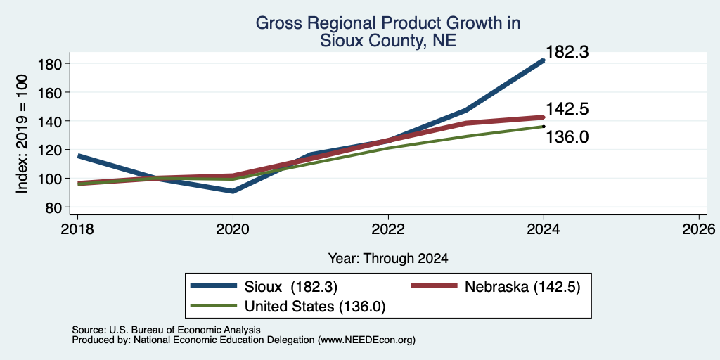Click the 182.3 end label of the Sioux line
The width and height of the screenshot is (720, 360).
coord(567,52)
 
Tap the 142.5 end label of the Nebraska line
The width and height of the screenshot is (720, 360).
coord(567,109)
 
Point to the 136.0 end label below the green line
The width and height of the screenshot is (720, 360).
coord(567,137)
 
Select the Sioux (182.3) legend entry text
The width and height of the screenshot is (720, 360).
coord(290,287)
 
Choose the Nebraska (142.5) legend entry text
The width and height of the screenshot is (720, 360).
coord(522,287)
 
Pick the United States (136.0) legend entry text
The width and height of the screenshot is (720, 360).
coord(314,307)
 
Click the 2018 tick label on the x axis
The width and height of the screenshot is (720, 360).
coord(77,229)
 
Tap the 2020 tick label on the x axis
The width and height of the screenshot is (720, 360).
coord(233,229)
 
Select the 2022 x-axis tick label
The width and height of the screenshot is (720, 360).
coord(388,229)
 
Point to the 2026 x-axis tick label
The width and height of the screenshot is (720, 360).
coord(700,229)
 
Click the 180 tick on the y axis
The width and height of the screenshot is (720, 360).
coord(51,63)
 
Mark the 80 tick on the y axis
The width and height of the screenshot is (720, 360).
coord(54,207)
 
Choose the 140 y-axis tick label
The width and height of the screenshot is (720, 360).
coord(51,121)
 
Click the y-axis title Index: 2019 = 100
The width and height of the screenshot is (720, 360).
coord(22,134)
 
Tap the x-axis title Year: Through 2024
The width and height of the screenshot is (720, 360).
coord(388,259)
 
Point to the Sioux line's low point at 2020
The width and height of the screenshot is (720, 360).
coord(233,191)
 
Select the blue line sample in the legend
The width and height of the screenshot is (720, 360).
coord(214,286)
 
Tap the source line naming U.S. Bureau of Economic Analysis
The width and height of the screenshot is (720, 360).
coord(166,330)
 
